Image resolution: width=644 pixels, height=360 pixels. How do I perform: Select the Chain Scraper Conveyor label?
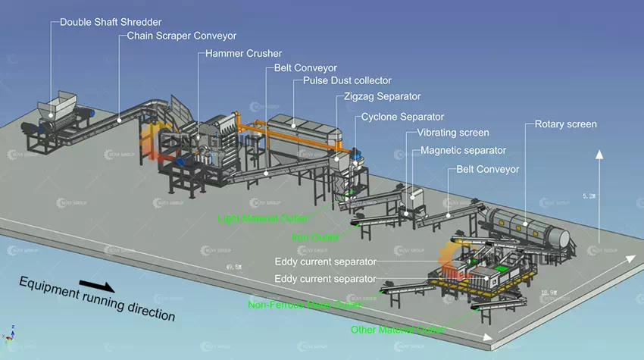click(182, 35)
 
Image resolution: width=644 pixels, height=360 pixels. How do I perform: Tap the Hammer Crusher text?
click(243, 54)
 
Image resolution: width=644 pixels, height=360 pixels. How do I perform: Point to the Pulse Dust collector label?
click(347, 80)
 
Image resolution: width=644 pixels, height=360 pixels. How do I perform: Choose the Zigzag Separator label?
click(382, 96)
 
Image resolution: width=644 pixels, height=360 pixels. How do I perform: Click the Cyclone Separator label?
click(402, 117)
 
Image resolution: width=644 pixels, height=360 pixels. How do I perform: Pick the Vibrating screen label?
click(453, 133)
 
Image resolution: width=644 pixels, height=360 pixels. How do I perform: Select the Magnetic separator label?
click(463, 150)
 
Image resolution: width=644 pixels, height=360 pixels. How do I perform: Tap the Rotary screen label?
click(565, 124)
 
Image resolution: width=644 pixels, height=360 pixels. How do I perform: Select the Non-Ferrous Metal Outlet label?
click(305, 305)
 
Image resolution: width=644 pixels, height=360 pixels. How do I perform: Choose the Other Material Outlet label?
click(397, 330)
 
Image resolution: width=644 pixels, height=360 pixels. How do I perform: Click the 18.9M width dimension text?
click(546, 292)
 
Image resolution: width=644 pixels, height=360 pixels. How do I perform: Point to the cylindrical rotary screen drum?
click(525, 221)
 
